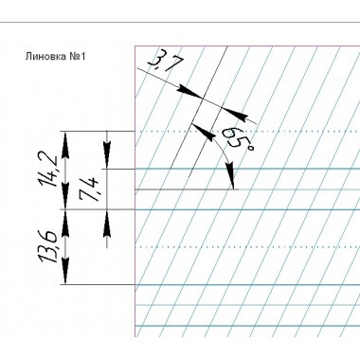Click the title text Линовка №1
click(x=55, y=57)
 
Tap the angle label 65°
click(x=237, y=140)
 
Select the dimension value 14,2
click(x=47, y=170)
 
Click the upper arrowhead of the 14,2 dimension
click(x=65, y=145)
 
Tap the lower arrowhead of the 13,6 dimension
click(x=65, y=271)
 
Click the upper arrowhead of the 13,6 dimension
click(x=65, y=224)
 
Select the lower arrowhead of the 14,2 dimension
click(x=65, y=196)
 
